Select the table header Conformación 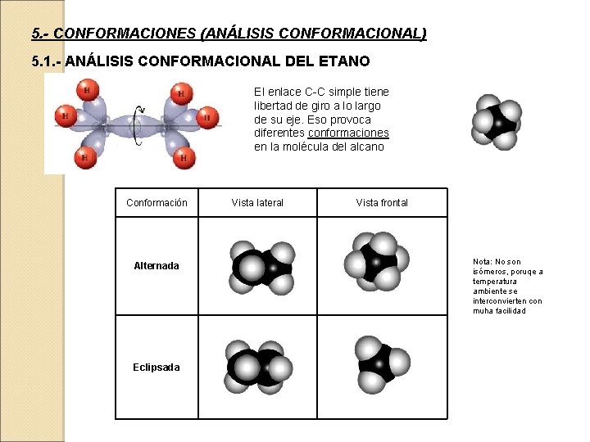(x=157, y=202)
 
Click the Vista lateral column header (x=257, y=202)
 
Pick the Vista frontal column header (x=382, y=202)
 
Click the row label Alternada (x=156, y=266)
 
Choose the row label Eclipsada (x=156, y=368)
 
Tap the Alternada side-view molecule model (x=262, y=267)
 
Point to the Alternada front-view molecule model (x=376, y=261)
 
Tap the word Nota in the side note (x=482, y=262)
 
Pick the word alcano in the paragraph (x=366, y=147)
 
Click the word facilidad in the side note (x=511, y=311)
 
